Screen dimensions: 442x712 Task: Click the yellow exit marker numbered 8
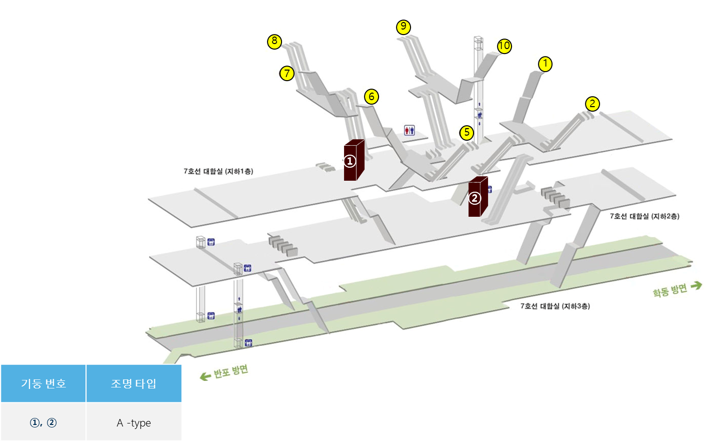pos(274,41)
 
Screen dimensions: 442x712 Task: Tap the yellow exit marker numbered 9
pos(403,27)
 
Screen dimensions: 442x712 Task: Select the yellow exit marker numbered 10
pos(504,46)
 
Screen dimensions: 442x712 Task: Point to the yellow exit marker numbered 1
pos(545,64)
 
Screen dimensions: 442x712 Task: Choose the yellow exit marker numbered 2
pos(592,104)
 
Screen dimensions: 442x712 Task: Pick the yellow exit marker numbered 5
pos(466,133)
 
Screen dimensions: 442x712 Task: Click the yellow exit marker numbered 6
pos(371,97)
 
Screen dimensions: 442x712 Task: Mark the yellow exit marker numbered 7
pos(286,74)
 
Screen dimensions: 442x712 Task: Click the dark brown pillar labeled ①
pos(353,160)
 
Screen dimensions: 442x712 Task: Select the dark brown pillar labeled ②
pos(477,197)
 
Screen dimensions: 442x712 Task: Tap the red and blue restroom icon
pos(409,131)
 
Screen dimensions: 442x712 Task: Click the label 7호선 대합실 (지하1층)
pos(218,171)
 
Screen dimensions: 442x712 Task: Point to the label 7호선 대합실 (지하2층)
pos(644,216)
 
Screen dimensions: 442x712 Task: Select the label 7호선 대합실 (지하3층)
pos(555,306)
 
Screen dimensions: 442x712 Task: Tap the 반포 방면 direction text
pos(230,372)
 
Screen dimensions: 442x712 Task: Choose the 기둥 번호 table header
pos(43,383)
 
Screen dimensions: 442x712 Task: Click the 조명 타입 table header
pos(133,383)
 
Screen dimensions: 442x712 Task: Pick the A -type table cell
pos(133,423)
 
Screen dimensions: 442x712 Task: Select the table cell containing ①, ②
pos(43,423)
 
